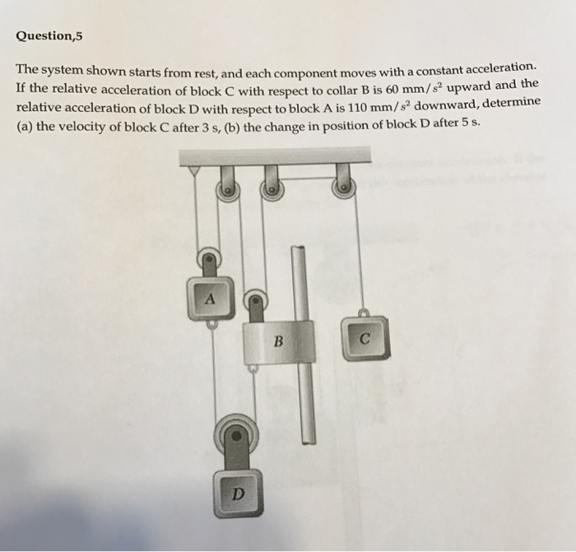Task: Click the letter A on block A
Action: point(210,300)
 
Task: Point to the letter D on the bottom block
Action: point(237,494)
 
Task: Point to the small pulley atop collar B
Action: point(255,301)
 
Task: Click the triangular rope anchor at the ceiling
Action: point(195,170)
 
